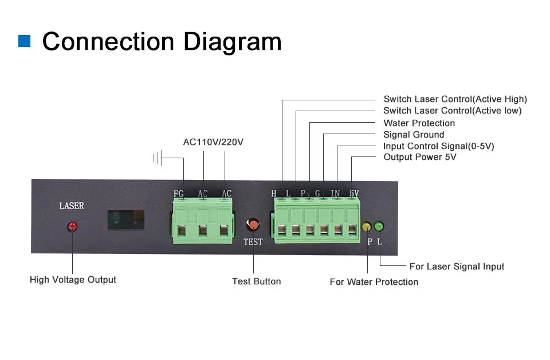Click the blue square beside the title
[x=25, y=41]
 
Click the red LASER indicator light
[x=72, y=226]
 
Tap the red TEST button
[x=253, y=224]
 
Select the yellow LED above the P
[x=367, y=227]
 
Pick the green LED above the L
[x=379, y=227]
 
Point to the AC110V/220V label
[x=213, y=142]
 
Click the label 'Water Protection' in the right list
[x=419, y=123]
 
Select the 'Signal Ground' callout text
[x=414, y=135]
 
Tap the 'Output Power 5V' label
[x=419, y=157]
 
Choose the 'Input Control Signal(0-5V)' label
[x=438, y=146]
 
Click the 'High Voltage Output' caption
[x=73, y=280]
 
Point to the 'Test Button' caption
[x=256, y=281]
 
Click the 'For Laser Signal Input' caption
[x=457, y=266]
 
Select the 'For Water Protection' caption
[x=374, y=281]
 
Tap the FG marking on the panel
[x=178, y=194]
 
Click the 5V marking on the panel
[x=354, y=193]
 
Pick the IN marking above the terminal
[x=336, y=193]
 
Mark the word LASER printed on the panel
[x=72, y=206]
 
